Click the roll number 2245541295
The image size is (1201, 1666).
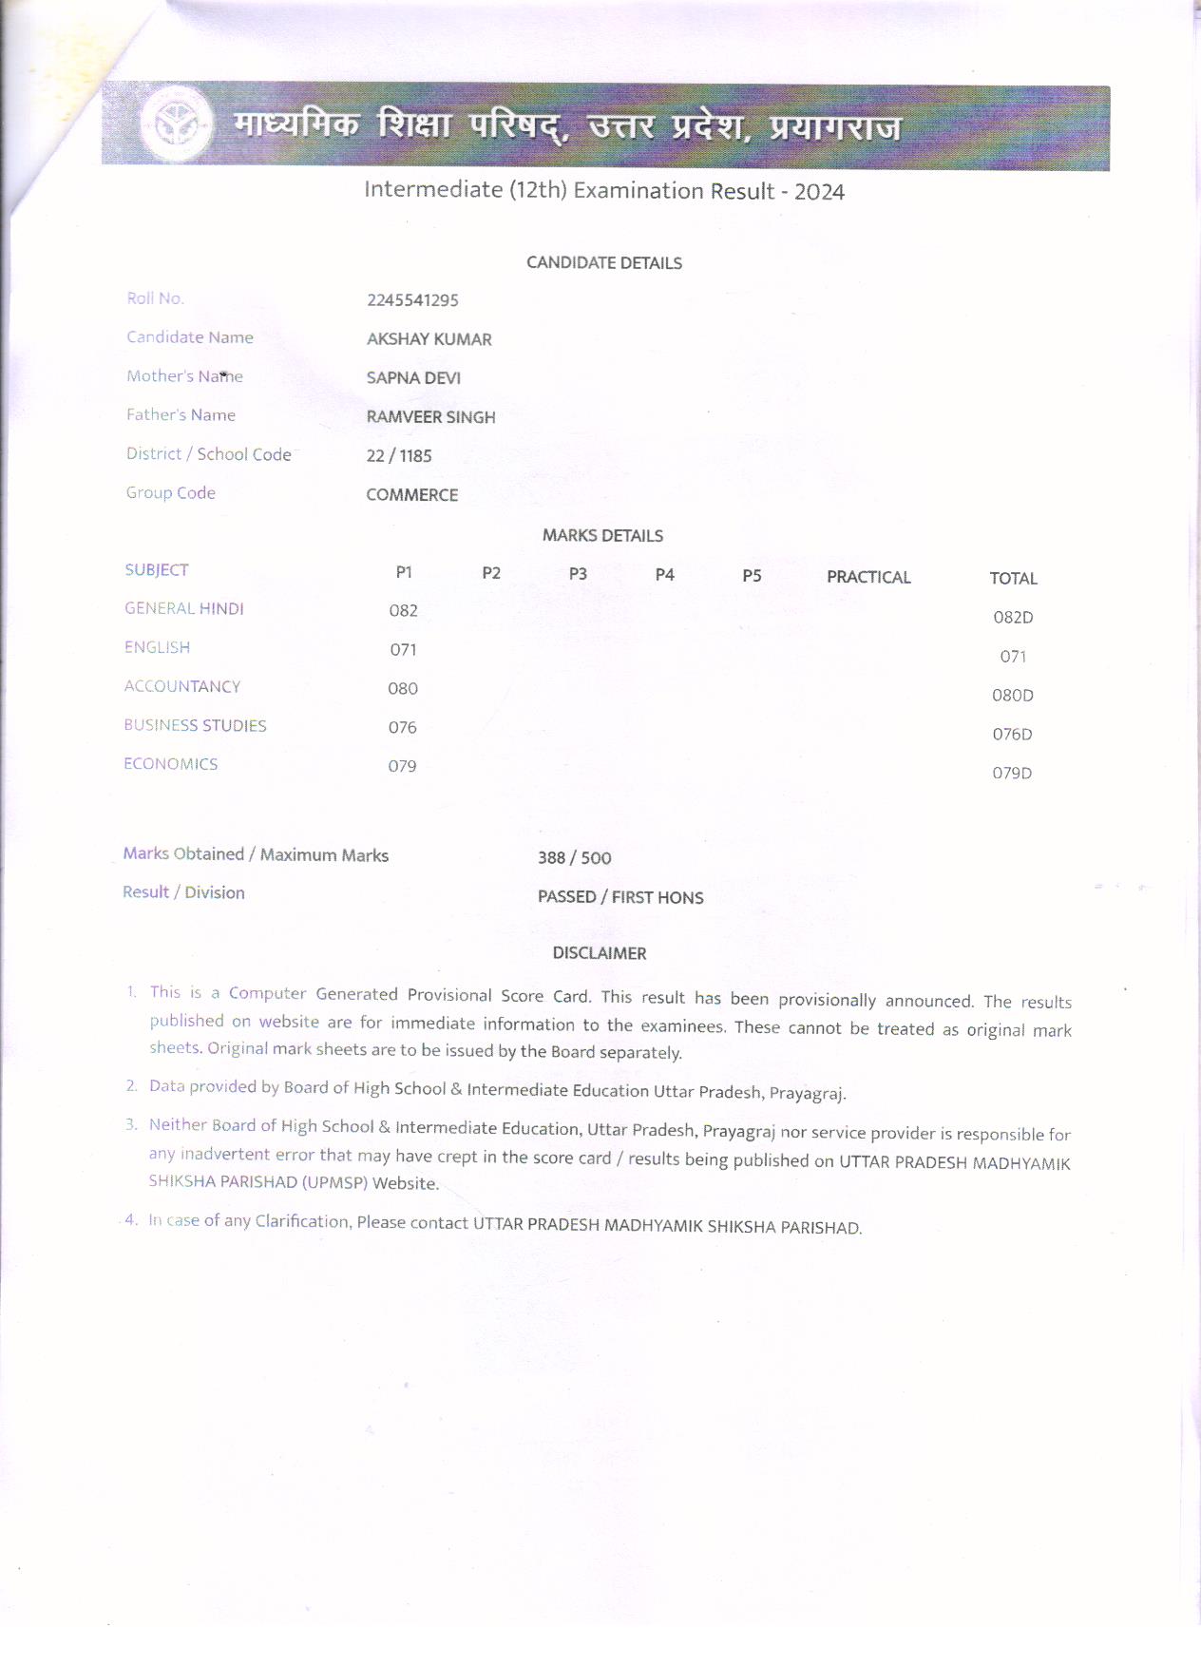click(x=412, y=300)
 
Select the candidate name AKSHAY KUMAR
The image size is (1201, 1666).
click(x=429, y=339)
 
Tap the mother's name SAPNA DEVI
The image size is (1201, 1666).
click(x=413, y=378)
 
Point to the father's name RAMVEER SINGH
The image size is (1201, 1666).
click(x=430, y=417)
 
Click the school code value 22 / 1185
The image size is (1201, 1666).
click(x=399, y=456)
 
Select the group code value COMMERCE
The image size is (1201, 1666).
click(x=411, y=495)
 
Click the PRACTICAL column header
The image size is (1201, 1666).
click(x=867, y=577)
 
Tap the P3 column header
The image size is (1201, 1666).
click(x=578, y=574)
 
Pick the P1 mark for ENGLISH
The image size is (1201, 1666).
click(x=403, y=650)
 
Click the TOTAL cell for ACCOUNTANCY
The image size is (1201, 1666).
click(x=1012, y=696)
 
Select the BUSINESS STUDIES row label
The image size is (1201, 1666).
click(x=195, y=725)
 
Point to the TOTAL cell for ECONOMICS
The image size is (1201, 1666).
click(x=1012, y=774)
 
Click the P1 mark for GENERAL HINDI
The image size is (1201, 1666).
click(x=403, y=611)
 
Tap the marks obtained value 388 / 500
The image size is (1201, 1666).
click(x=574, y=858)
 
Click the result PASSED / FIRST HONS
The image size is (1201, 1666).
click(x=620, y=897)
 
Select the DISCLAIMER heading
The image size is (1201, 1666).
click(x=600, y=953)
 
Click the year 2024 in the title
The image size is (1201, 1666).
click(x=819, y=192)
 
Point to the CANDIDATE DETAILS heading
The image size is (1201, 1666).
click(x=604, y=263)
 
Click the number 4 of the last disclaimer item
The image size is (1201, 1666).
click(x=131, y=1219)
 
